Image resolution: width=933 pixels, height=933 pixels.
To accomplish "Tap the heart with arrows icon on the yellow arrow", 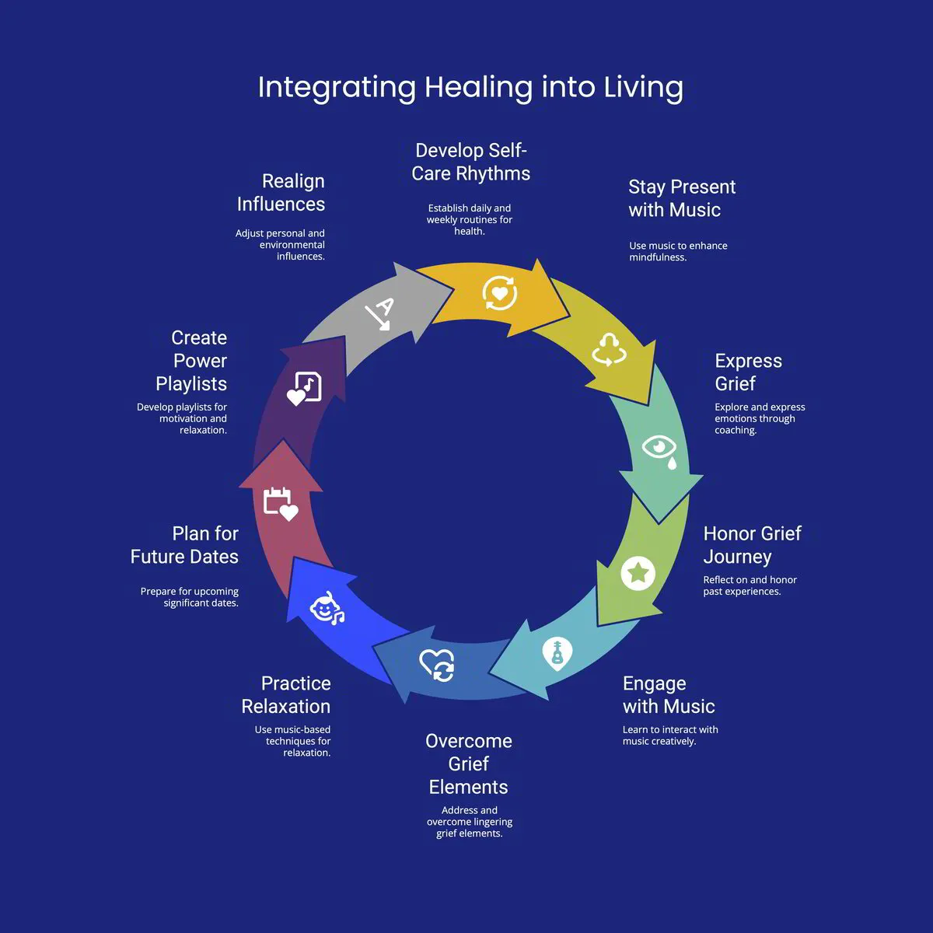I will [x=499, y=293].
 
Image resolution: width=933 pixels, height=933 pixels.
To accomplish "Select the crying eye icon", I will [x=659, y=451].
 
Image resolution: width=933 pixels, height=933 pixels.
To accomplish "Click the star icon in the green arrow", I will [x=638, y=574].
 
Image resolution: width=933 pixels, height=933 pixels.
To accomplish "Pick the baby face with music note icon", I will [x=327, y=608].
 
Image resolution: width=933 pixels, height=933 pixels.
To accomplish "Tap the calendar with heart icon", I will [x=280, y=503].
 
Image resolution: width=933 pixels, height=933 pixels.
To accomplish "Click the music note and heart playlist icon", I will [x=304, y=387].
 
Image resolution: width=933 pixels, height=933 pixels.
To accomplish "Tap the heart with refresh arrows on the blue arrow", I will [x=437, y=665].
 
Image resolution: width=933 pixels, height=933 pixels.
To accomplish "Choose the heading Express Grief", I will [x=748, y=372].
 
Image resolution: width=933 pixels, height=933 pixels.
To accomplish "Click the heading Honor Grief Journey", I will [x=752, y=545].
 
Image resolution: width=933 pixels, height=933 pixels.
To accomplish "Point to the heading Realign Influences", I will [x=281, y=193].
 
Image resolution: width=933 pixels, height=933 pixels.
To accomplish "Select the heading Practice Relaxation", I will [x=286, y=695].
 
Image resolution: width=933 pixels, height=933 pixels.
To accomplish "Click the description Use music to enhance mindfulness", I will [x=678, y=251].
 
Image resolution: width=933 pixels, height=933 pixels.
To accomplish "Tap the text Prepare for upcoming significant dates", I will [x=189, y=597].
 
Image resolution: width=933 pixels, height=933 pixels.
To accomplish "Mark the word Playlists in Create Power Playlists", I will [x=191, y=384].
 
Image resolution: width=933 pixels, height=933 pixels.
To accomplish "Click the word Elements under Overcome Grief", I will [x=468, y=787].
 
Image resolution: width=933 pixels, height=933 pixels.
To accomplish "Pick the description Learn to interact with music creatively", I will [x=670, y=736].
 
